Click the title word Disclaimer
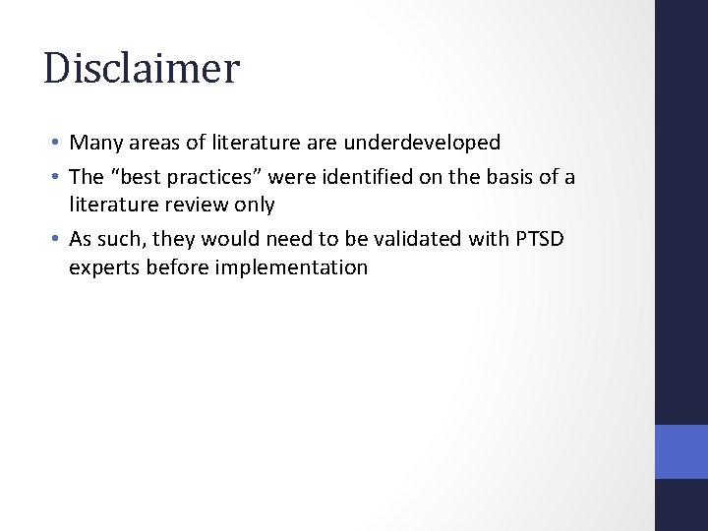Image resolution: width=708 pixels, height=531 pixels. (142, 69)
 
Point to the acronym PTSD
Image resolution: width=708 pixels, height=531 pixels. (519, 241)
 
